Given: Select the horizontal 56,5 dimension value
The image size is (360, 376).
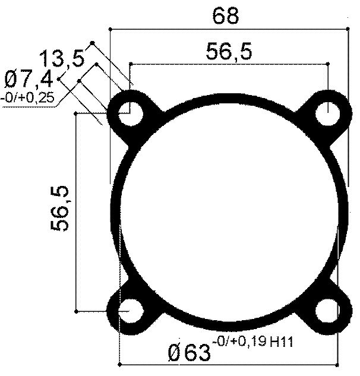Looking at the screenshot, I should coord(229,52).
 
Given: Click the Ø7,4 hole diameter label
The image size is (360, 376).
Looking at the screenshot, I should coord(28,79).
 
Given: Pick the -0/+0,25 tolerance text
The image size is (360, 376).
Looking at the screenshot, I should coord(27,97).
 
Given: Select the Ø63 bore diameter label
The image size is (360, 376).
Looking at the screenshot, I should coord(190,352).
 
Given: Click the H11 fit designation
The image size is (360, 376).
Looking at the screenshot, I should coord(283,342).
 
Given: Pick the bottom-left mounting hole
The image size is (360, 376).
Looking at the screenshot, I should coord(130,309).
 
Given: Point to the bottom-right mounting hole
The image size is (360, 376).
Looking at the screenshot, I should coord(328,309).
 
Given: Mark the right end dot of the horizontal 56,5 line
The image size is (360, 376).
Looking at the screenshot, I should coord(329,63).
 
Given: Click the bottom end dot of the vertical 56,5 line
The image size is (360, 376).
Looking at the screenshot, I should coord(76,310).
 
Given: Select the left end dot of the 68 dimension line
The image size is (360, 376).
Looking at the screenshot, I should coord(110,28).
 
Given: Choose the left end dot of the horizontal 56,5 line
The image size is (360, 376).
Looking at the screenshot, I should coord(130,63).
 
